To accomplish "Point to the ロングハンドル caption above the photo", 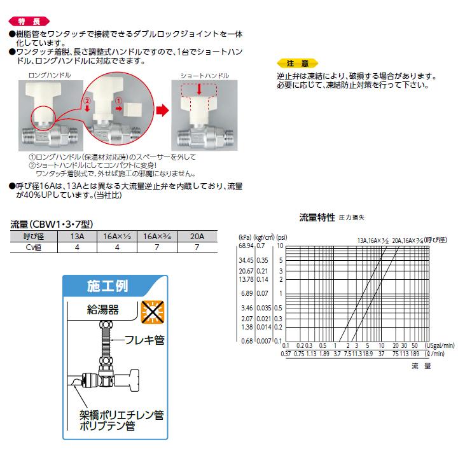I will [50, 75].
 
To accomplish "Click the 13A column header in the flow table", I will [76, 236].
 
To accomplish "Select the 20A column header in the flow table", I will [197, 236].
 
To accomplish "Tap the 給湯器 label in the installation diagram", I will [102, 310].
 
